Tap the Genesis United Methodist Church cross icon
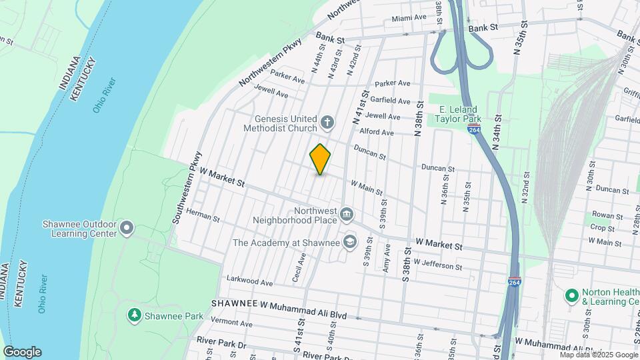pyautogui.click(x=327, y=121)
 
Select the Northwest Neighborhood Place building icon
pyautogui.click(x=346, y=214)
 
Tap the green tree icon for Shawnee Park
pyautogui.click(x=134, y=313)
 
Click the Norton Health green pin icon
pyautogui.click(x=571, y=295)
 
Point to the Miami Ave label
pyautogui.click(x=409, y=18)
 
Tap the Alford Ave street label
pyautogui.click(x=378, y=132)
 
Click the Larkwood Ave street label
pyautogui.click(x=250, y=282)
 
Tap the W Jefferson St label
pyautogui.click(x=437, y=266)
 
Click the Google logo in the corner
pyautogui.click(x=22, y=351)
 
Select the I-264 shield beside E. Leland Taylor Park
pyautogui.click(x=474, y=129)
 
